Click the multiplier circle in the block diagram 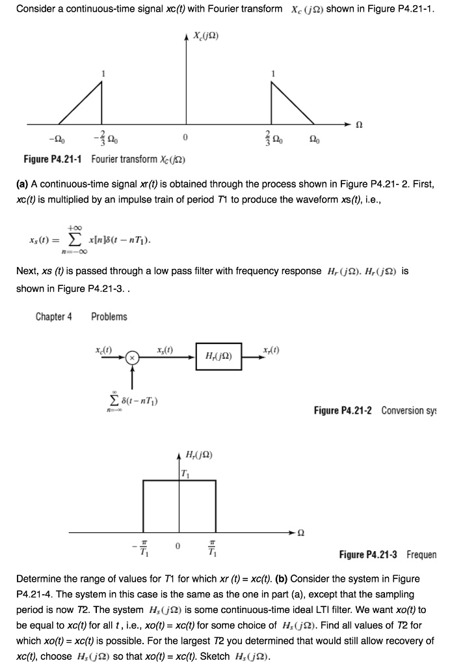click(132, 358)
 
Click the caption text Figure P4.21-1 click(54, 160)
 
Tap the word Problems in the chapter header click(109, 317)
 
